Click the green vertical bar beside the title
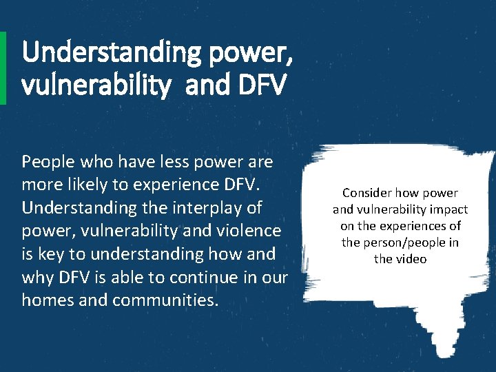click(3, 68)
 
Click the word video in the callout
click(411, 259)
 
